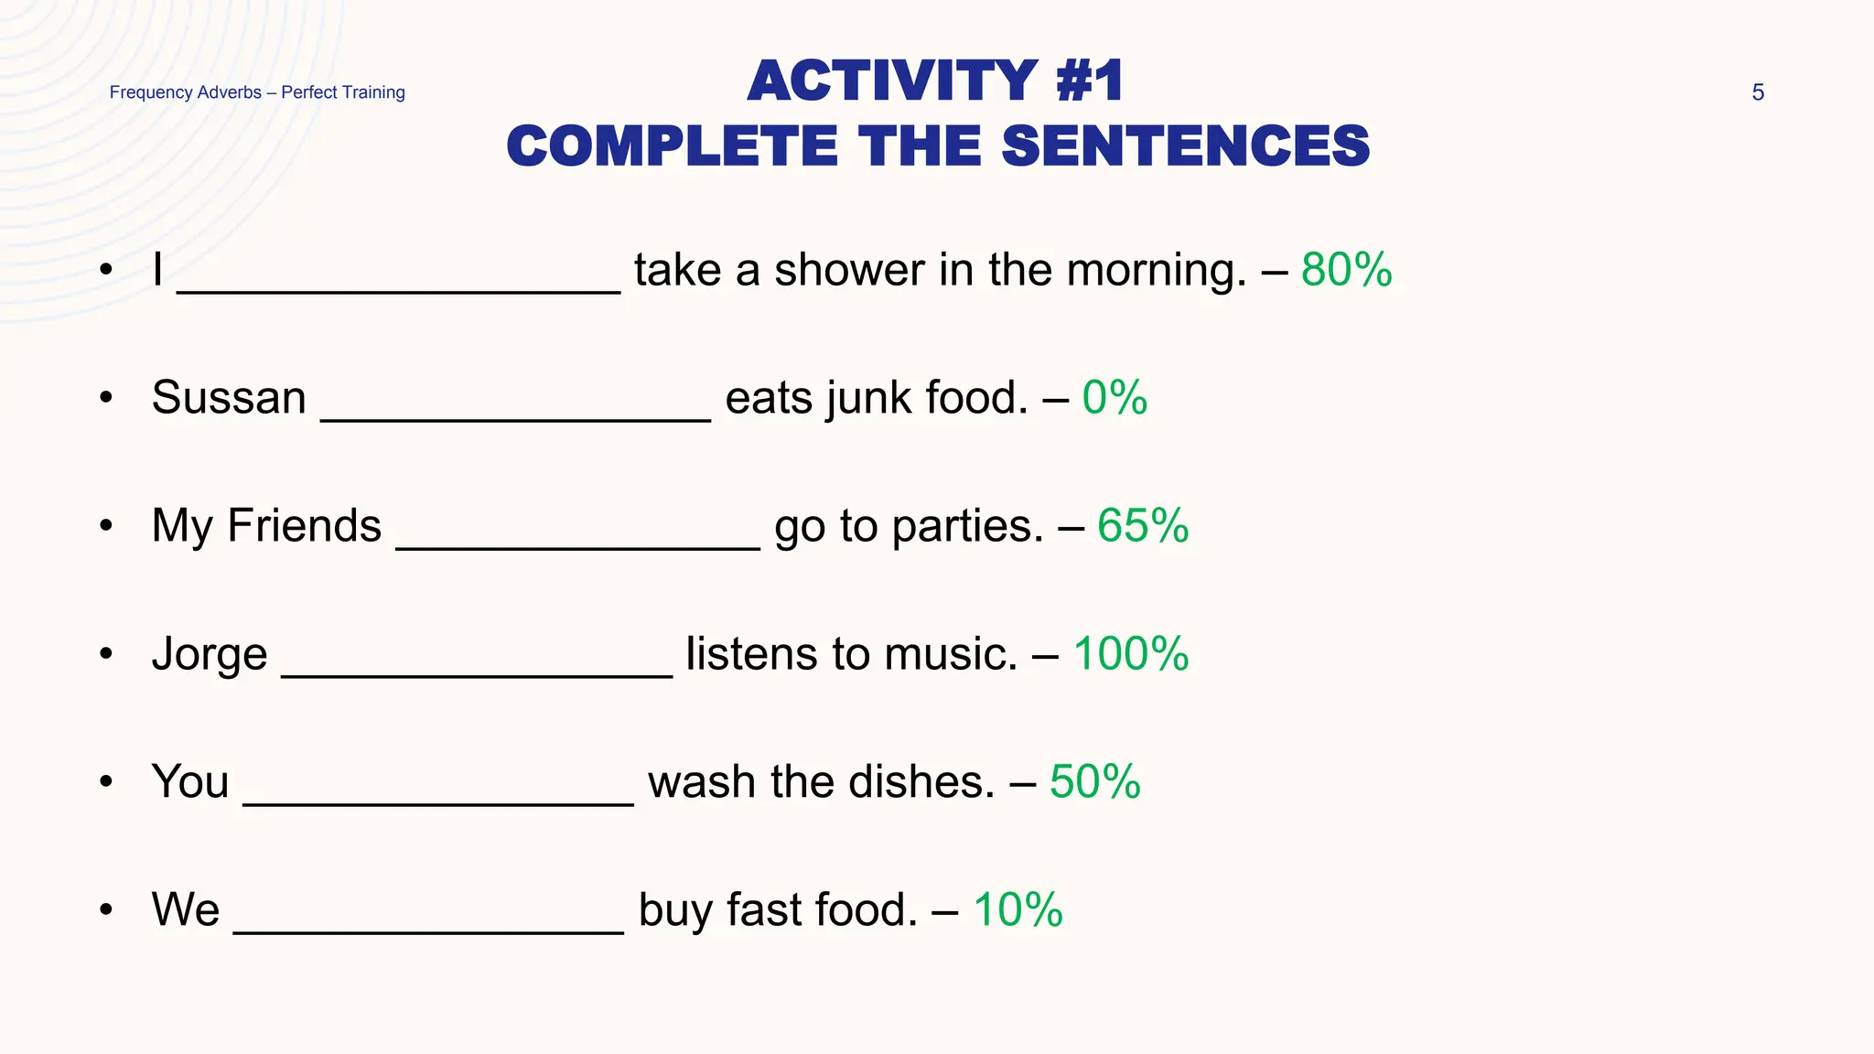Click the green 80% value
click(x=1346, y=270)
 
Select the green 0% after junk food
click(x=1114, y=398)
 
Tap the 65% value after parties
click(x=1142, y=526)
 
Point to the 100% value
click(x=1130, y=654)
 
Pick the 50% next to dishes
click(x=1094, y=782)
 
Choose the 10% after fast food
click(x=1018, y=910)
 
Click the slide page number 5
click(x=1757, y=92)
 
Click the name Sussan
click(x=229, y=398)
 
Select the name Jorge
click(x=210, y=655)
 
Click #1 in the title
click(x=1089, y=81)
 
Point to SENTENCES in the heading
click(x=1186, y=146)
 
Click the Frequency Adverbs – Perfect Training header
click(x=257, y=92)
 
